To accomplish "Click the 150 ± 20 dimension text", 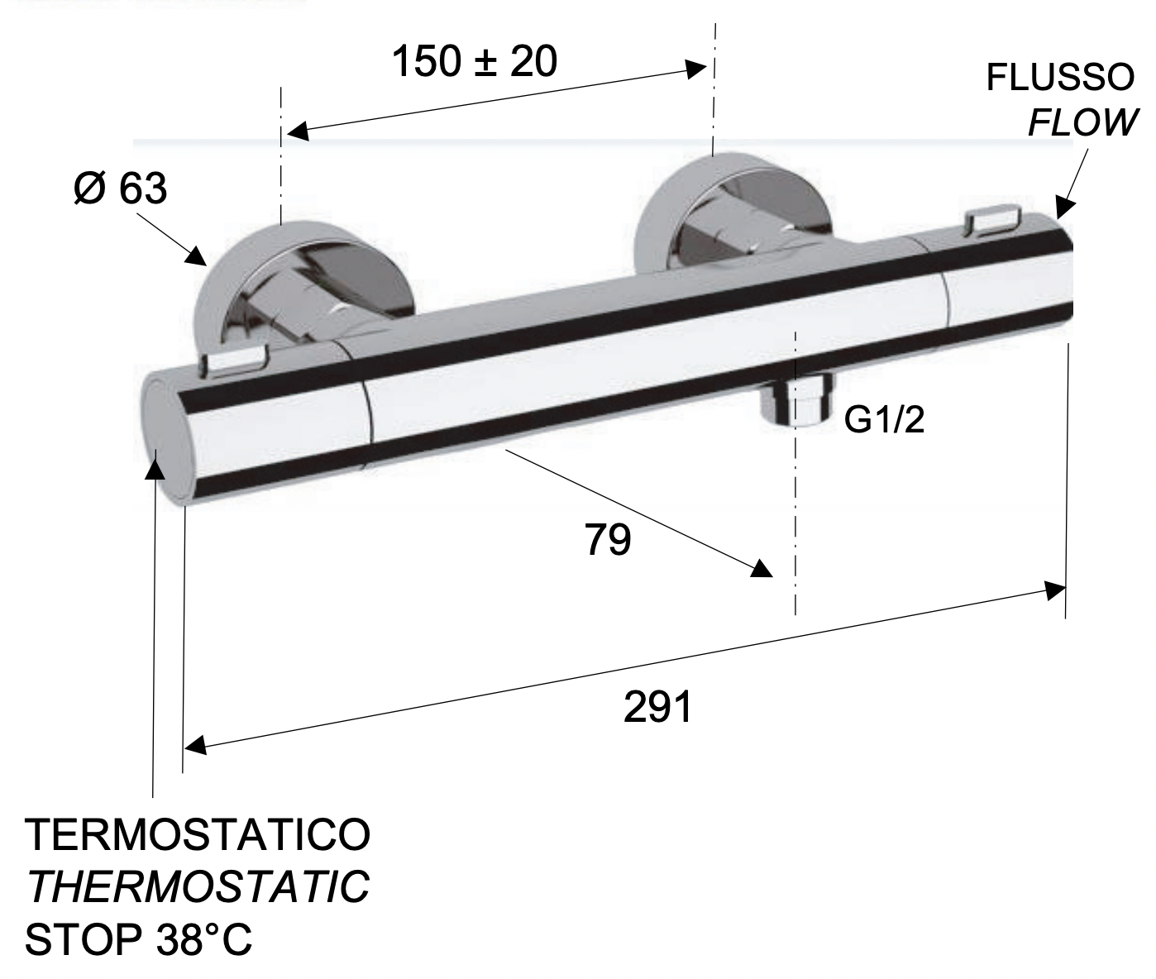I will (474, 61).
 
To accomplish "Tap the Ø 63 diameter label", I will (120, 189).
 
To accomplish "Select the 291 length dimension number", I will (657, 707).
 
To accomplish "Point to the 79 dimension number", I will (608, 540).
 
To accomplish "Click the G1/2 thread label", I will (884, 421).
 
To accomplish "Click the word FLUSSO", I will (1060, 79).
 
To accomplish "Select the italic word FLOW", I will (1082, 122).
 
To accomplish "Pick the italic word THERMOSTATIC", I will (198, 887).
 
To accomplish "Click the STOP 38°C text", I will (138, 940).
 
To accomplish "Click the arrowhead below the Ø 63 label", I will (196, 255).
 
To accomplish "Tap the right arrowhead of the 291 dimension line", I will (1055, 590).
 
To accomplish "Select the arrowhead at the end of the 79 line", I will (762, 569).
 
